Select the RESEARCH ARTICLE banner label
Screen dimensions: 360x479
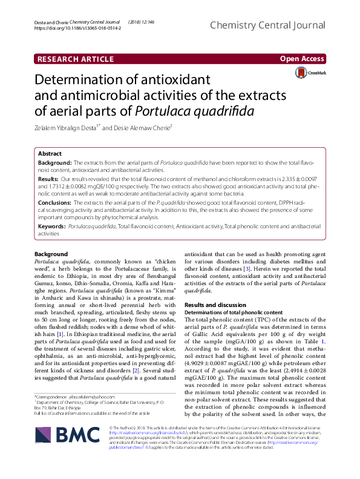(76, 59)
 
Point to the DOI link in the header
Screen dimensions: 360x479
(70, 28)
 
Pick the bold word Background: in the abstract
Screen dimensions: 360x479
(55, 164)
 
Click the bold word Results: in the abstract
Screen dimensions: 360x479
(49, 180)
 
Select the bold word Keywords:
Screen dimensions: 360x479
(52, 226)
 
